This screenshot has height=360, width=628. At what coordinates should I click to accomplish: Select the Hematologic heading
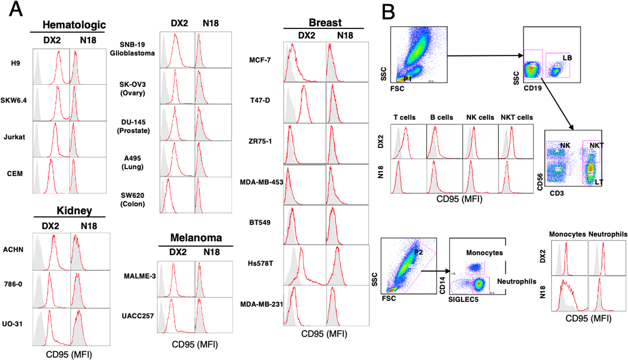74,25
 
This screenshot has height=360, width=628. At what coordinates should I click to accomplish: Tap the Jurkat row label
14,137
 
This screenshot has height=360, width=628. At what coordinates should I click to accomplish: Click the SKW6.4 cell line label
14,100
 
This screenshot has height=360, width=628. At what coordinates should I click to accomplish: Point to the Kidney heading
74,211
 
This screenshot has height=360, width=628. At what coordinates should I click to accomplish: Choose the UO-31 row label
12,324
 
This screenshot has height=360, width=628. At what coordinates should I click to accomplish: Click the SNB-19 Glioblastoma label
132,49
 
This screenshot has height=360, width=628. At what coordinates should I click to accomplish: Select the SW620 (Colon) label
132,199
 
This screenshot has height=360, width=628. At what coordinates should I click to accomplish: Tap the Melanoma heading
196,238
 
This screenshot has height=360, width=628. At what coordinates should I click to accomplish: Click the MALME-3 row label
140,276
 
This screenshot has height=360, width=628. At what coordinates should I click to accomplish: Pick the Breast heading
325,23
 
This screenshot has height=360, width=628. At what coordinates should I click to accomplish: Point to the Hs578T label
260,263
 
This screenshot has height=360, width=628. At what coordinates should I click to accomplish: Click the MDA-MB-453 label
261,182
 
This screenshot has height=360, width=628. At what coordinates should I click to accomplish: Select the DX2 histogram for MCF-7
304,62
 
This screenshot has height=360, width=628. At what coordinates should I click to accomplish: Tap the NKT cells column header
516,118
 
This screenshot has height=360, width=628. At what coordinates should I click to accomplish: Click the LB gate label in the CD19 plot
567,58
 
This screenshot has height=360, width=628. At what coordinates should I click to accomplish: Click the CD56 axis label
540,182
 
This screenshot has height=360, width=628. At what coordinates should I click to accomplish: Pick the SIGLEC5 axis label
463,299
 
